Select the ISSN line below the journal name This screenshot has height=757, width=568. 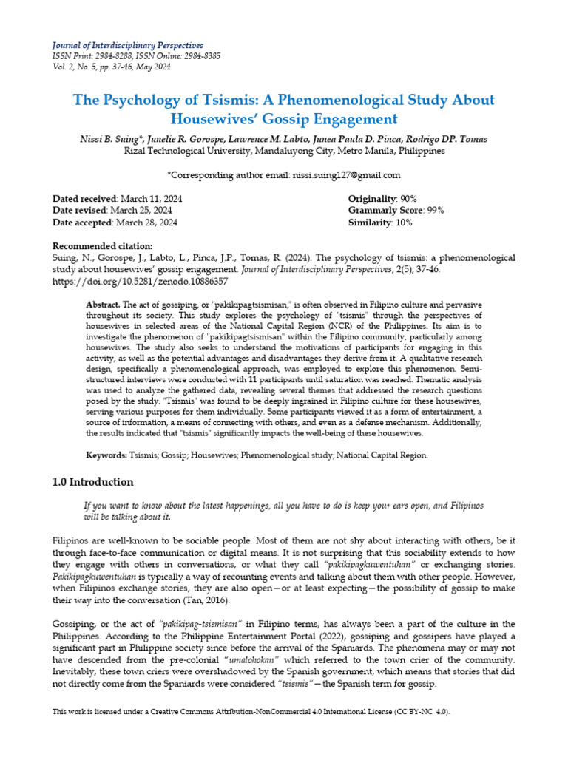(x=136, y=56)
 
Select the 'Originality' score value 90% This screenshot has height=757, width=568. (x=408, y=199)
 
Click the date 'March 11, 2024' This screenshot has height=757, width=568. (x=152, y=199)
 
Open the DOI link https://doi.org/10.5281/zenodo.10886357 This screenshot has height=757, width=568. (x=141, y=282)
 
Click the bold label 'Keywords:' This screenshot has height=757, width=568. (x=107, y=456)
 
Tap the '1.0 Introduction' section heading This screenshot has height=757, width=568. (x=93, y=482)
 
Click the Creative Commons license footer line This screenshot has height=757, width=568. (x=251, y=712)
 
